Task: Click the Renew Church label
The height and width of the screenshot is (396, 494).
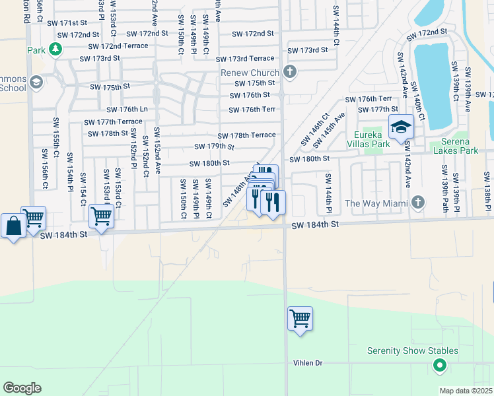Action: [x=250, y=72]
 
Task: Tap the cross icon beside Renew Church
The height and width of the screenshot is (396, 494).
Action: [x=288, y=71]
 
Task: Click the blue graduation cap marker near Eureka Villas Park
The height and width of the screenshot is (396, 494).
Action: [x=400, y=127]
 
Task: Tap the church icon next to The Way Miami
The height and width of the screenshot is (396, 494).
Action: [x=417, y=201]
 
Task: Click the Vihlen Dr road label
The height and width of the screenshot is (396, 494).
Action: [x=308, y=363]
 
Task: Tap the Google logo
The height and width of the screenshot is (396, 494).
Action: [x=22, y=387]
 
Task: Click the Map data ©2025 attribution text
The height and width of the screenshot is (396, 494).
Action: [x=466, y=391]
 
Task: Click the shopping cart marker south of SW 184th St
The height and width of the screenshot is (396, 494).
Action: [x=300, y=319]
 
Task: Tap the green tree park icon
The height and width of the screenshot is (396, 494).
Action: [x=56, y=49]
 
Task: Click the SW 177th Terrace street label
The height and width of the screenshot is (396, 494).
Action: [x=112, y=121]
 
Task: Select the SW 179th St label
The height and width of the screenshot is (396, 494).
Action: [x=214, y=147]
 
